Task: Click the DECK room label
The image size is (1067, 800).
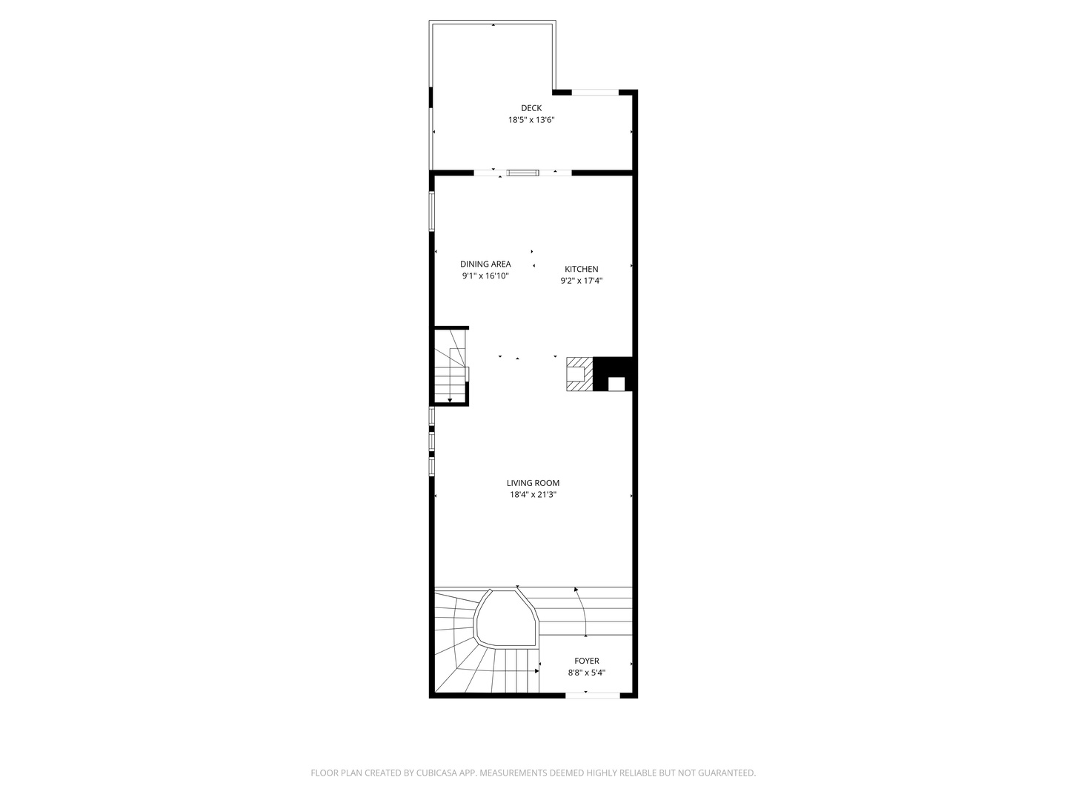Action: coord(531,108)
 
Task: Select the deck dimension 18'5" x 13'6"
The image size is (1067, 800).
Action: coord(531,120)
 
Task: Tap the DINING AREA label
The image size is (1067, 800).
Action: coord(485,264)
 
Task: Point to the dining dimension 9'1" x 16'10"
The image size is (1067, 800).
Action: coord(485,276)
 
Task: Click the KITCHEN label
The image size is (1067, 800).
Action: coord(581,269)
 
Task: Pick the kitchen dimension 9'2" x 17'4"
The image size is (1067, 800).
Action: coord(581,281)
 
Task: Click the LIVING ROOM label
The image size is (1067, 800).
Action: coord(533,483)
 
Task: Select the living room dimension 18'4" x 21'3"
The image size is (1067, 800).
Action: coord(533,495)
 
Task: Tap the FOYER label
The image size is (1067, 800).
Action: coord(587,661)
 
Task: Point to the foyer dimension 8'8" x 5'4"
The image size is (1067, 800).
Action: coord(587,673)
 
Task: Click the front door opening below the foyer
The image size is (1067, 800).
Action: coord(593,695)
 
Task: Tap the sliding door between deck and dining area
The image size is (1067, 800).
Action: coord(522,173)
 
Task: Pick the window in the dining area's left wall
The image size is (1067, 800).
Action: coord(432,212)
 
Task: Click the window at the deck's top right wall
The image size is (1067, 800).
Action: coord(595,93)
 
